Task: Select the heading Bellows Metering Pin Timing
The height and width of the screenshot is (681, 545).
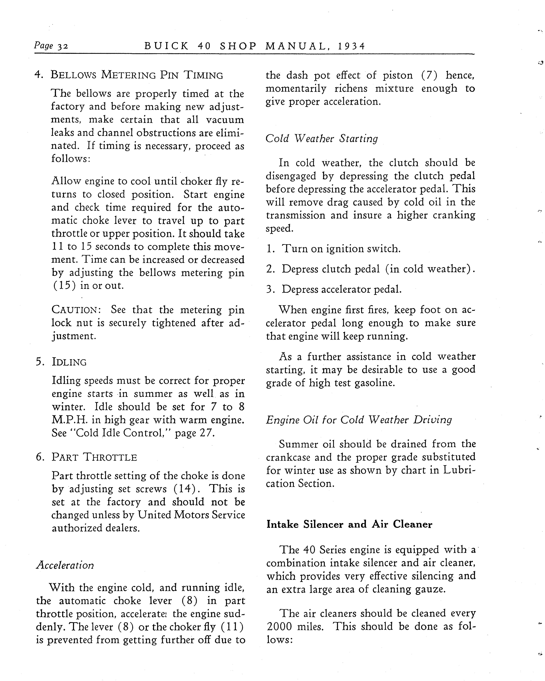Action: pyautogui.click(x=137, y=75)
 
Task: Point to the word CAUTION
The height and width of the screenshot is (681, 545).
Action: pyautogui.click(x=76, y=310)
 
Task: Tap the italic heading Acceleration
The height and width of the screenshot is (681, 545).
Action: pyautogui.click(x=65, y=565)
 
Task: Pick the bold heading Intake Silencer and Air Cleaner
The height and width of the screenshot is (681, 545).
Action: pyautogui.click(x=349, y=524)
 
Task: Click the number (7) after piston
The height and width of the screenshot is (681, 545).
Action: pyautogui.click(x=429, y=75)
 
